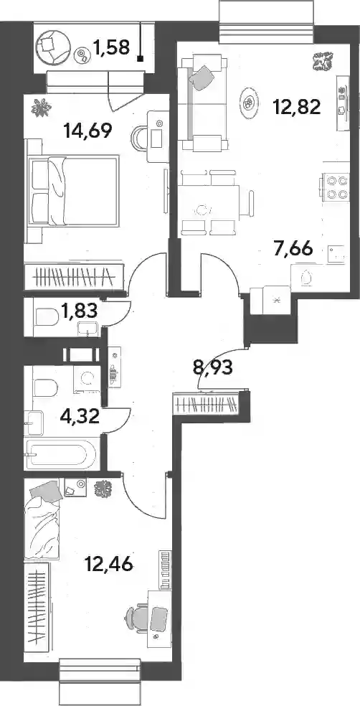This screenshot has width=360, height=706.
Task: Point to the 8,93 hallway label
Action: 212,368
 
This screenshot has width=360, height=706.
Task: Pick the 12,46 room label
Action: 108,563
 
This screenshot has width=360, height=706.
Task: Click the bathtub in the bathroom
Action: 61,454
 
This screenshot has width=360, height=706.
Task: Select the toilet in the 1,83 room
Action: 47,317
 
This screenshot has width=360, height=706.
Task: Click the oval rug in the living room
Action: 248,103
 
